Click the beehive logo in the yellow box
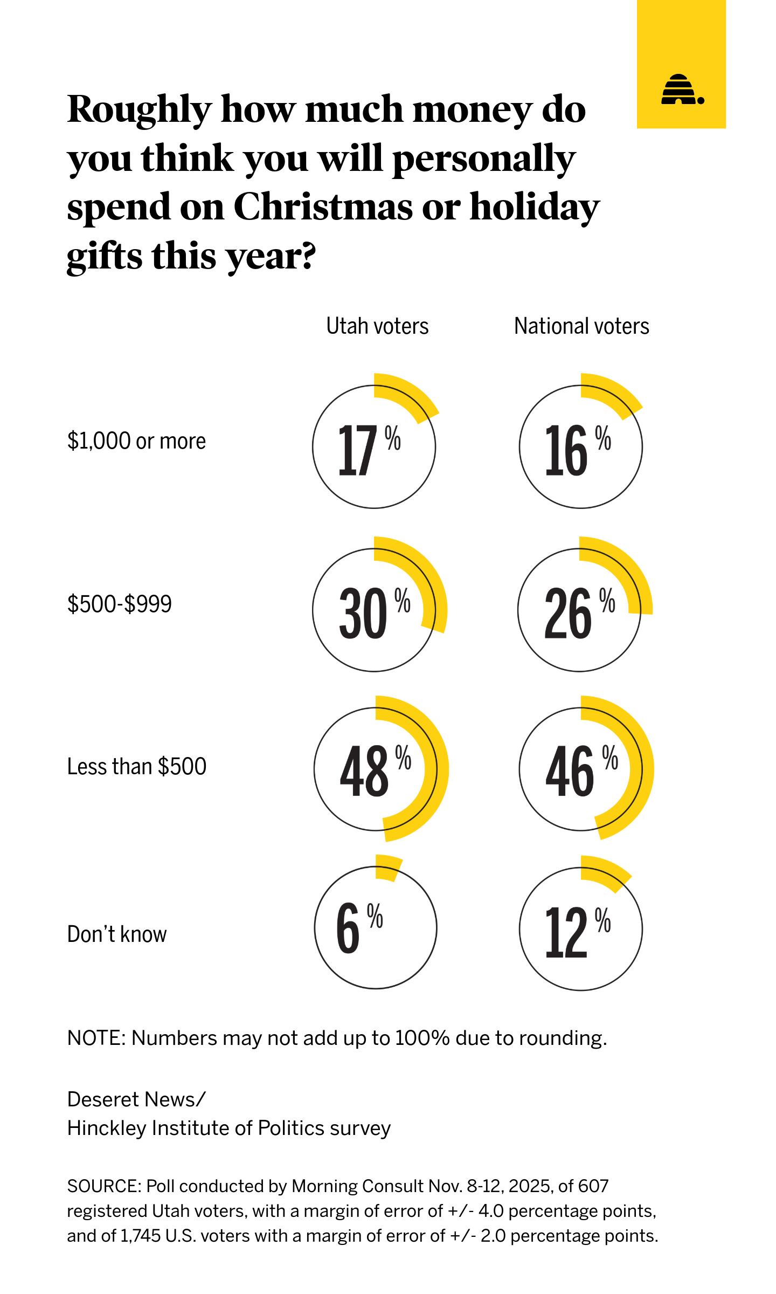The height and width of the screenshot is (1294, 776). tap(682, 90)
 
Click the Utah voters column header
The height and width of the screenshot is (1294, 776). tap(377, 326)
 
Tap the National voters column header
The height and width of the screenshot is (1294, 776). tap(581, 326)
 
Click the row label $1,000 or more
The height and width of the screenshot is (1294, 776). tap(136, 441)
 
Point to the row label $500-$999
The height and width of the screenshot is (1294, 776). tap(120, 604)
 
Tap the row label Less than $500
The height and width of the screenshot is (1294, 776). tap(136, 766)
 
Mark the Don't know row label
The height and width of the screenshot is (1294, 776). tap(117, 934)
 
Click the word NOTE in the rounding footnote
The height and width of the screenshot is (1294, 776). tap(95, 1038)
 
